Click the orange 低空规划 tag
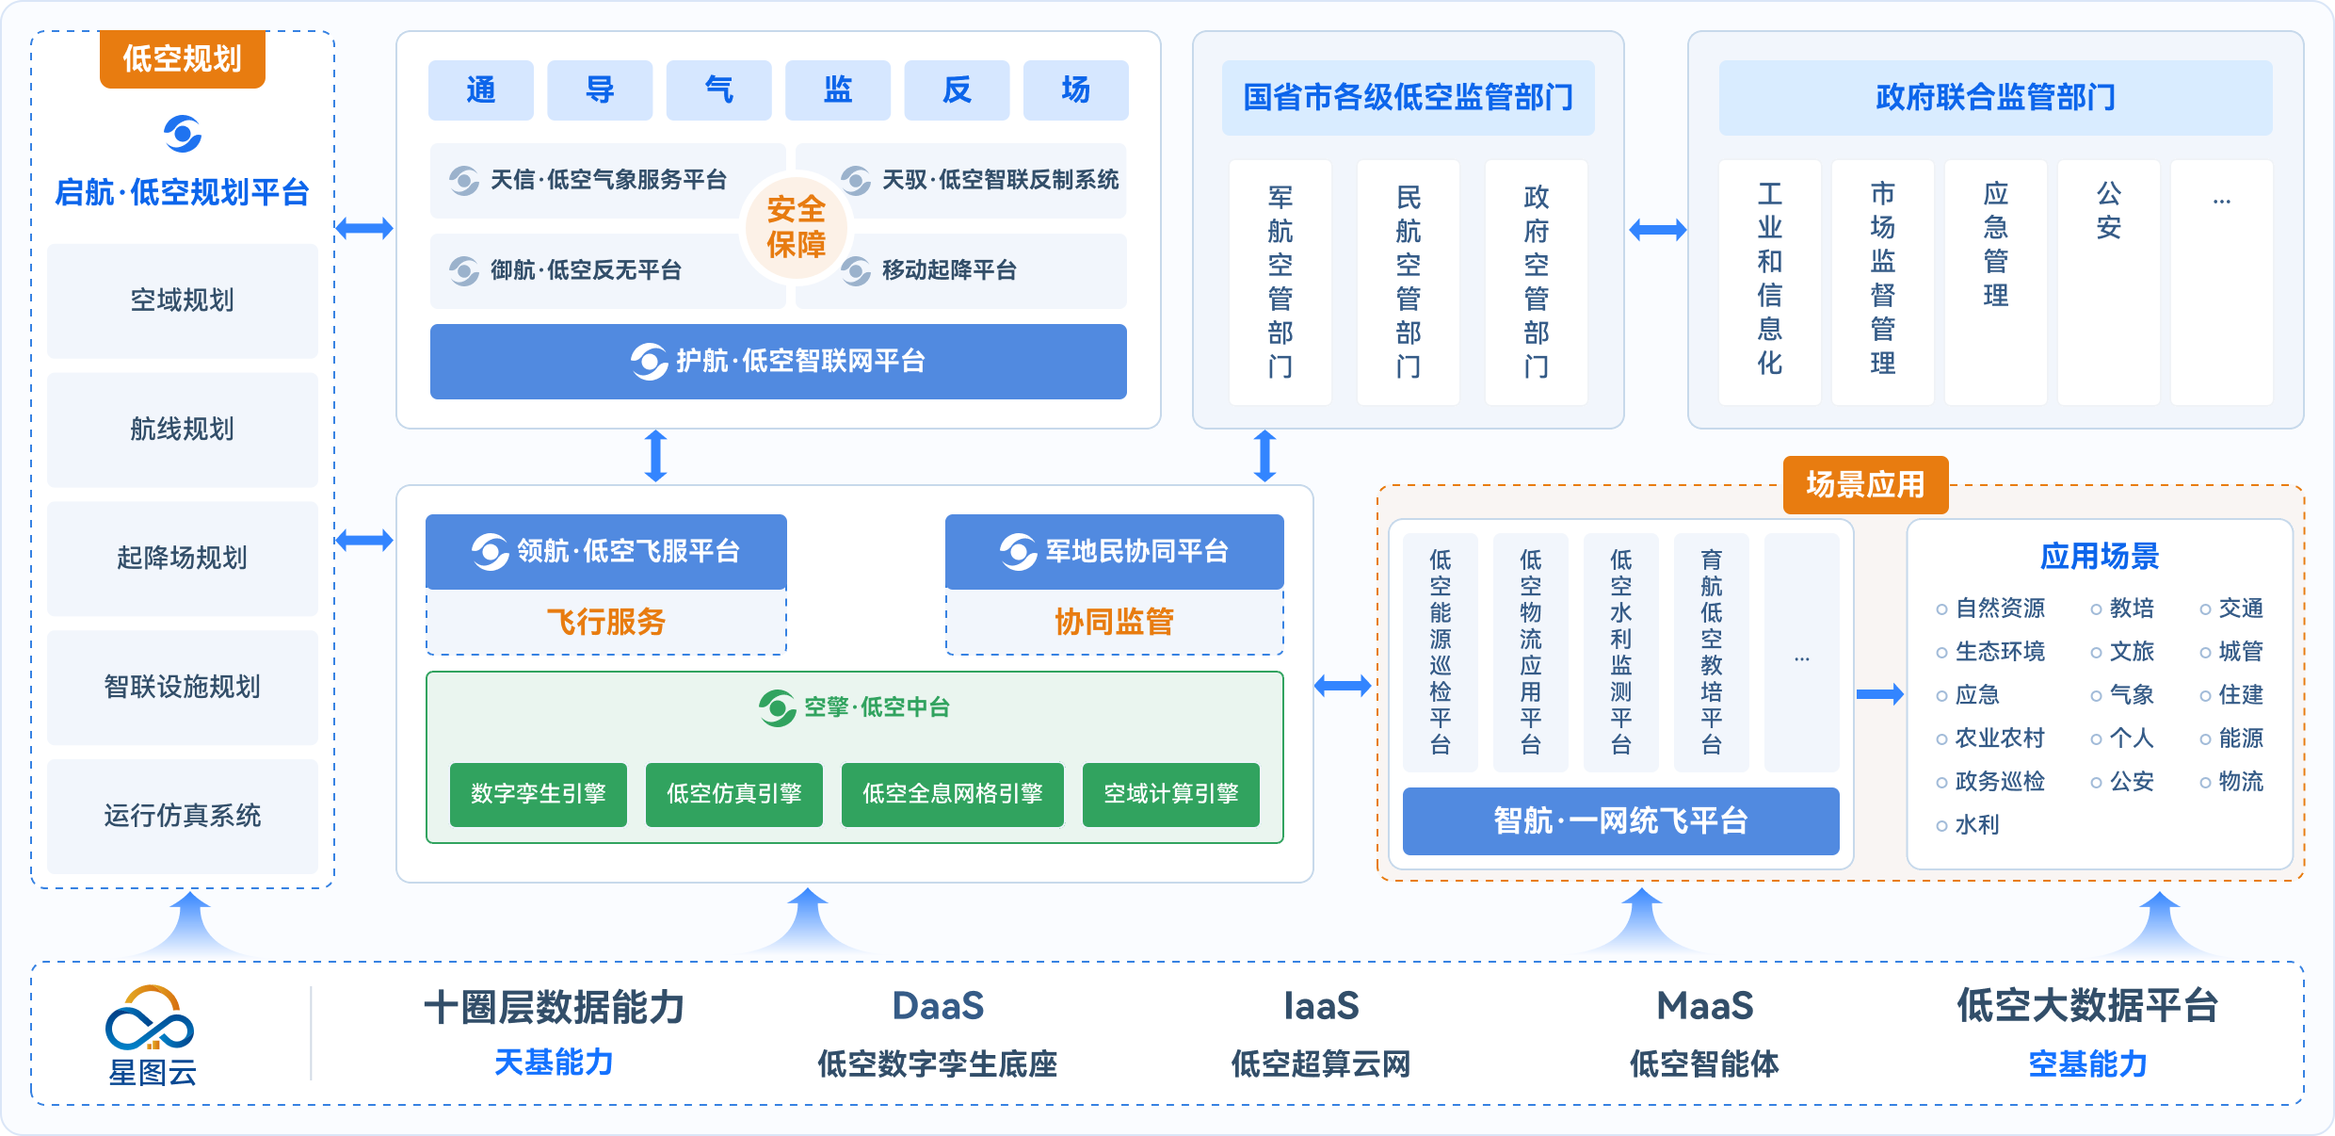click(182, 58)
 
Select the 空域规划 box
click(182, 300)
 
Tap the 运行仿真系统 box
click(182, 816)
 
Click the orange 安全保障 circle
click(796, 227)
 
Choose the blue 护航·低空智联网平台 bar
click(778, 361)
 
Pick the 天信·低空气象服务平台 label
click(608, 180)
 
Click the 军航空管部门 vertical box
click(1280, 282)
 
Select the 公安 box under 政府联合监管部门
click(2108, 282)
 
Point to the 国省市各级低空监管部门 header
click(1408, 97)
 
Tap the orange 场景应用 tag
click(1865, 484)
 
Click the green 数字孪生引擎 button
click(538, 794)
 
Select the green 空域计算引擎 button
click(1170, 794)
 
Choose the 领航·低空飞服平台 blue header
click(606, 551)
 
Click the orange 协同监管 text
click(1114, 622)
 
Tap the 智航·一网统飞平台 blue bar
click(1620, 820)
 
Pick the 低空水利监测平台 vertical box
click(1620, 652)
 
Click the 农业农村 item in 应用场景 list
click(1999, 738)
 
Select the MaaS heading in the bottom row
click(1704, 1006)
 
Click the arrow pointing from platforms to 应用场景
click(1879, 694)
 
